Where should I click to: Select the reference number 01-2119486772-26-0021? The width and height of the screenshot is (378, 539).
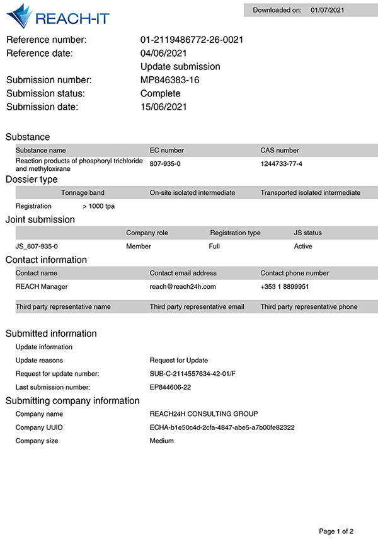coord(192,40)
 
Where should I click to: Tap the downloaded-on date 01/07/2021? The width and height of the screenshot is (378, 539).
coord(328,10)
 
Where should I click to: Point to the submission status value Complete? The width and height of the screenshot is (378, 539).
coord(160,93)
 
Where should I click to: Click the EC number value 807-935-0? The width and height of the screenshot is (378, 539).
coord(165,164)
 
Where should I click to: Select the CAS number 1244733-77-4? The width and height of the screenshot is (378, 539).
coord(281,164)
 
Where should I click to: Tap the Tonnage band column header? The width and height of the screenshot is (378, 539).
coord(83,192)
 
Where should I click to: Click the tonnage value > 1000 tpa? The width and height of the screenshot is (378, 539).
coord(98,206)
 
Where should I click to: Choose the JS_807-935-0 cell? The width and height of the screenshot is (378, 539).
coord(41,246)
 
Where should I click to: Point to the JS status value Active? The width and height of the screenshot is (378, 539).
coord(303,246)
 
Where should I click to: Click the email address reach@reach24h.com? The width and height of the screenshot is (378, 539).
coord(183,286)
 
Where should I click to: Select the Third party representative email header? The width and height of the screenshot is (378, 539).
coord(197,307)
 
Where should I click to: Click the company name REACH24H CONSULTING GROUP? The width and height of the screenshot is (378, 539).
coord(203,414)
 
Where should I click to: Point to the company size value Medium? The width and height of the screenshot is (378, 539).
coord(161,441)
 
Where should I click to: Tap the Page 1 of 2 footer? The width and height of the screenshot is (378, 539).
coord(340,531)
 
